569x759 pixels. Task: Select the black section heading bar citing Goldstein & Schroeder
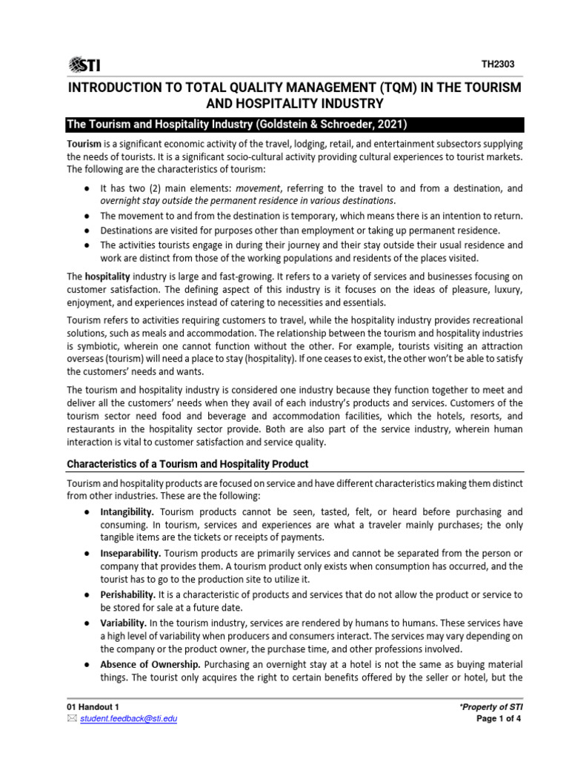tap(295, 124)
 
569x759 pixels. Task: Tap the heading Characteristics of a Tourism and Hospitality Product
tap(187, 464)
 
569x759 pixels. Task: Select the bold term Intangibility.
tap(127, 512)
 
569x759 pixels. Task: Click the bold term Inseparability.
tap(130, 554)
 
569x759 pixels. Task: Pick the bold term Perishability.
tap(127, 594)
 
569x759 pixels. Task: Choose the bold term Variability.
tap(122, 623)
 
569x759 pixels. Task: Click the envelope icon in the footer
tap(72, 718)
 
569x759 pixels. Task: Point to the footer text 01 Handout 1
tap(92, 707)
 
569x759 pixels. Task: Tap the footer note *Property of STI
tap(491, 708)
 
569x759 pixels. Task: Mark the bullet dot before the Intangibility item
tap(87, 512)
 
